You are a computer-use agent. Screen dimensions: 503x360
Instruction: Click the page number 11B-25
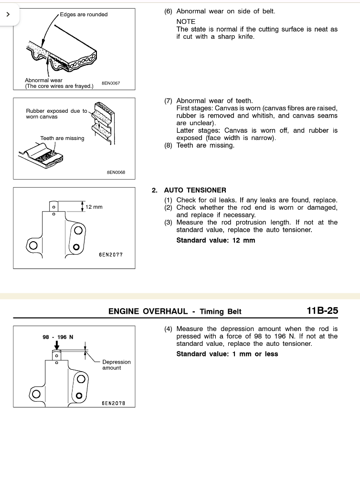click(322, 310)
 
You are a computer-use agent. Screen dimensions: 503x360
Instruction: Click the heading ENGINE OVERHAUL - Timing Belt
click(175, 311)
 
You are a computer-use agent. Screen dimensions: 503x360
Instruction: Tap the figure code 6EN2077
click(111, 255)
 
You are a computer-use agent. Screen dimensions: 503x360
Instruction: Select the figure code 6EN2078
click(113, 403)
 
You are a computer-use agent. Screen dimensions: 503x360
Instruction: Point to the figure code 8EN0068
click(116, 172)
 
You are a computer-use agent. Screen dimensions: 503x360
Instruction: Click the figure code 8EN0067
click(111, 83)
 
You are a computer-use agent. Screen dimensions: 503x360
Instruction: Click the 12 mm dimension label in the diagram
click(94, 207)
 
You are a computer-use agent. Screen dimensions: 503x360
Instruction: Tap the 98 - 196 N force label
click(58, 337)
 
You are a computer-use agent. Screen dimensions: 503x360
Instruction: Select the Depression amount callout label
click(116, 365)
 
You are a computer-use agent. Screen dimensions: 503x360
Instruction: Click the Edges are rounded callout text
click(84, 14)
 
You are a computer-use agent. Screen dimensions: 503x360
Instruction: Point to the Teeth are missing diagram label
click(62, 138)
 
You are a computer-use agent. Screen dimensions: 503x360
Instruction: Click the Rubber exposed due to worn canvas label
click(56, 114)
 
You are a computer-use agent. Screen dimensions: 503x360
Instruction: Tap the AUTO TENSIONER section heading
click(195, 190)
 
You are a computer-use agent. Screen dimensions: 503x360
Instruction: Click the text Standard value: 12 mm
click(216, 240)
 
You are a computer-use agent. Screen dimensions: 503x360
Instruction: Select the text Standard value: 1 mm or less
click(227, 354)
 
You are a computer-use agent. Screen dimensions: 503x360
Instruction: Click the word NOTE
click(186, 21)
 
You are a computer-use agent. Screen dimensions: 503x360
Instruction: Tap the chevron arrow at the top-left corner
click(8, 14)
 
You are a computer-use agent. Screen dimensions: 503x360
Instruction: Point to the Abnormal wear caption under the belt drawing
click(44, 80)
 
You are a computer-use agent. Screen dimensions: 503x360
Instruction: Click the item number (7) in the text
click(168, 101)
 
